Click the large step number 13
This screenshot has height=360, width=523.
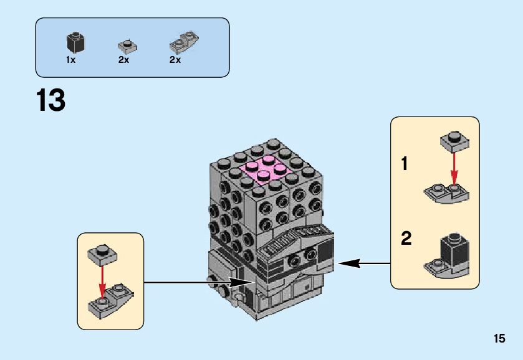[51, 100]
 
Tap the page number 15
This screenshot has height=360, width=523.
[499, 339]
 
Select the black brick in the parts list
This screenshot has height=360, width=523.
[75, 43]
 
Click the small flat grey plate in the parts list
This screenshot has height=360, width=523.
[127, 46]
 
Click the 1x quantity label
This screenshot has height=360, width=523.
[71, 60]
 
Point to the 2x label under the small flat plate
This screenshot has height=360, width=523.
[123, 60]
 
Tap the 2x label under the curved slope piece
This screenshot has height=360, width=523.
[175, 60]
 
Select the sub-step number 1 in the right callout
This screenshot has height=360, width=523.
[405, 164]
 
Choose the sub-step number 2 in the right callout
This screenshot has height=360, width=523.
[406, 239]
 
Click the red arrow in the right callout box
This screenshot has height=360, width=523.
[454, 169]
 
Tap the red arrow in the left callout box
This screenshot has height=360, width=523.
[103, 278]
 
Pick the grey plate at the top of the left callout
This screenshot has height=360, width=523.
[102, 253]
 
